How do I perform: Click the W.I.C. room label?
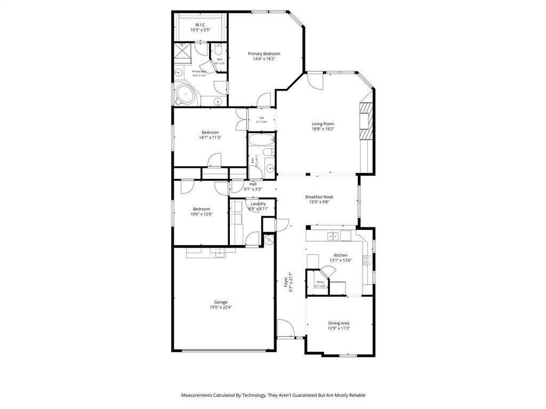200,25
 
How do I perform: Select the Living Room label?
323,124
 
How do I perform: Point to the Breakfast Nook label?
319,197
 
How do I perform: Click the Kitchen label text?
340,256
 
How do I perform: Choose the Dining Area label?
339,323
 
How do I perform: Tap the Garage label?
221,302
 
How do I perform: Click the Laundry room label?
258,204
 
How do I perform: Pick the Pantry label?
320,282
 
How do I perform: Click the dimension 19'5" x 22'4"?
221,307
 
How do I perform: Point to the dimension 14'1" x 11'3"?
210,137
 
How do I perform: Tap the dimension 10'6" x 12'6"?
202,214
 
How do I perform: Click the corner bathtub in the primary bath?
185,95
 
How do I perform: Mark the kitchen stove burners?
367,260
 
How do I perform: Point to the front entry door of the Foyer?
285,328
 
